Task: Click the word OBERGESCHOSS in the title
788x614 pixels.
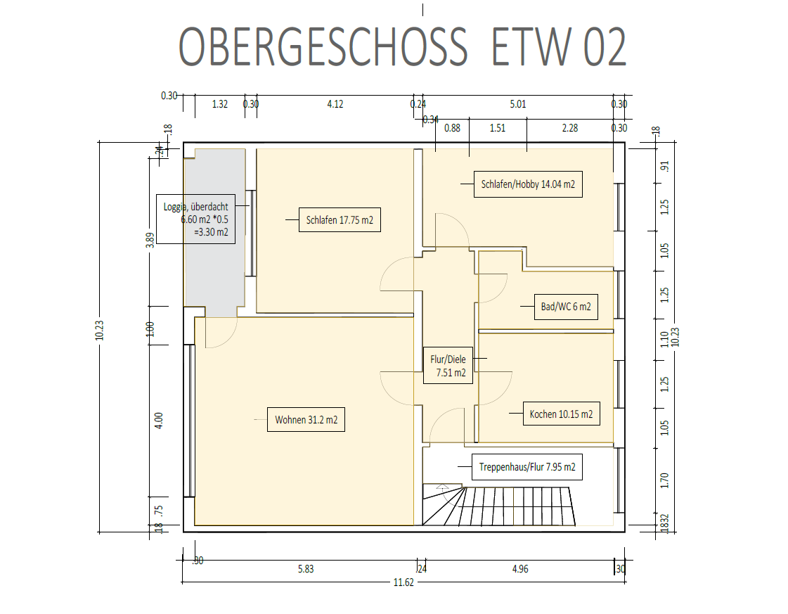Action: pos(323,48)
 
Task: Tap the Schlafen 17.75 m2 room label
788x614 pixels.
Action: pos(339,220)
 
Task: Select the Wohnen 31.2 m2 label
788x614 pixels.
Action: pos(306,420)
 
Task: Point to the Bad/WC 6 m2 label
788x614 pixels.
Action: pos(565,307)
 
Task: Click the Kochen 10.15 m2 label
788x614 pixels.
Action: pos(560,414)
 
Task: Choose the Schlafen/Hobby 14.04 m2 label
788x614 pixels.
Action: pos(528,185)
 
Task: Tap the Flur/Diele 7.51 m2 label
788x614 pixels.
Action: pos(448,366)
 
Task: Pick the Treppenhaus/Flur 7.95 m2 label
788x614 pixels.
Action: pos(527,466)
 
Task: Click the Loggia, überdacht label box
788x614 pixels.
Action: pos(195,218)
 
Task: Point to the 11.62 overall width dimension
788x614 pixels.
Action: pos(404,582)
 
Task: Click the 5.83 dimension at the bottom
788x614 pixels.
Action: pos(305,569)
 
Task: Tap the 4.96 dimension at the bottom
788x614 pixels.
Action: pos(519,569)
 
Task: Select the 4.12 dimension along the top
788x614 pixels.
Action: pos(335,104)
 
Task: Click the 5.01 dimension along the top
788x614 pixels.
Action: pos(518,104)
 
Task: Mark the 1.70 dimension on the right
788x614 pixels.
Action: pos(665,480)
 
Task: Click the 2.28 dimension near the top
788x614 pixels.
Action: pos(570,128)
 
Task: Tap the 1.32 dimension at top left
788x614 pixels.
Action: pos(220,104)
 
